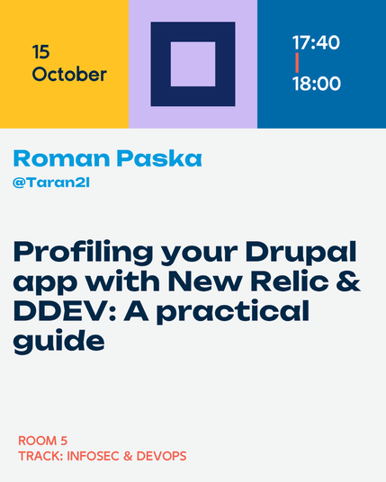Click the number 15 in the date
pos(40,52)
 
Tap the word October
pos(69,75)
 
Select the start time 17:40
pos(316,42)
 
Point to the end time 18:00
pos(317,84)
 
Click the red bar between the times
pos(297,63)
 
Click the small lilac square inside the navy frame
pos(193,64)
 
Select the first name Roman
pos(61,158)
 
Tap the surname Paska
pos(159,158)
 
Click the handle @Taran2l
pos(51,183)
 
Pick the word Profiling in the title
pos(83,253)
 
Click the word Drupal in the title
pos(301,252)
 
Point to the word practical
pos(233,312)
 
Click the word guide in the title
pos(58,342)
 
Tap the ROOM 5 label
pos(43,441)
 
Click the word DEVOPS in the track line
pos(161,456)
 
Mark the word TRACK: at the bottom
pos(40,456)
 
